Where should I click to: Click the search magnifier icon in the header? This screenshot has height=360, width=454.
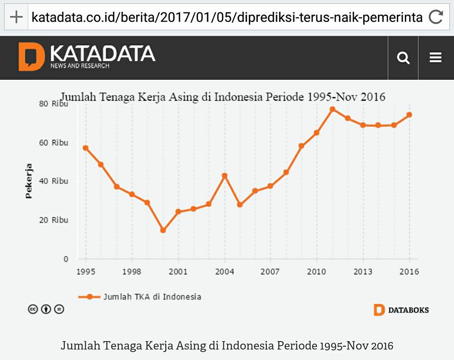(403, 58)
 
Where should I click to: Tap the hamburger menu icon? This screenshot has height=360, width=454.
(436, 58)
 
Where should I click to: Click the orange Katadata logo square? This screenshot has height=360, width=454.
(31, 57)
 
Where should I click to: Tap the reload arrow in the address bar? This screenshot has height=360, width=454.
(436, 17)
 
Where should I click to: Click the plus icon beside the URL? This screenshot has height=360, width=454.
(16, 17)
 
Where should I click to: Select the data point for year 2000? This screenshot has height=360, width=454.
(163, 230)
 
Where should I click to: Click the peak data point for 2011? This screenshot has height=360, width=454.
(332, 109)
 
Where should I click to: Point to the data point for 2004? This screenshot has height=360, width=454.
(225, 176)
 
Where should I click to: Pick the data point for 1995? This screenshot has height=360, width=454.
(86, 148)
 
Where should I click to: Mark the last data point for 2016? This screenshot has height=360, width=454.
(409, 115)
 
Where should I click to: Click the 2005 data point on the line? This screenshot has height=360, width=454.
(240, 205)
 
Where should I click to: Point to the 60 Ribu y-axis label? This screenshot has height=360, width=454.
(53, 143)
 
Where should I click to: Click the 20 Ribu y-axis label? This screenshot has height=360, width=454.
(53, 220)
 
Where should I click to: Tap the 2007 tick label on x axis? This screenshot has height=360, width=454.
(271, 272)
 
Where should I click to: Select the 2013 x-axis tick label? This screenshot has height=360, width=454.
(363, 272)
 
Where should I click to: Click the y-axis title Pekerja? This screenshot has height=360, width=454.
(29, 181)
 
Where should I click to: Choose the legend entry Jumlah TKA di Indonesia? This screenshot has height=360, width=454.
(151, 297)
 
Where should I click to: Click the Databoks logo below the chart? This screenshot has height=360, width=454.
(402, 310)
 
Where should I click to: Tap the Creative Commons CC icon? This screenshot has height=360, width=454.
(33, 309)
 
